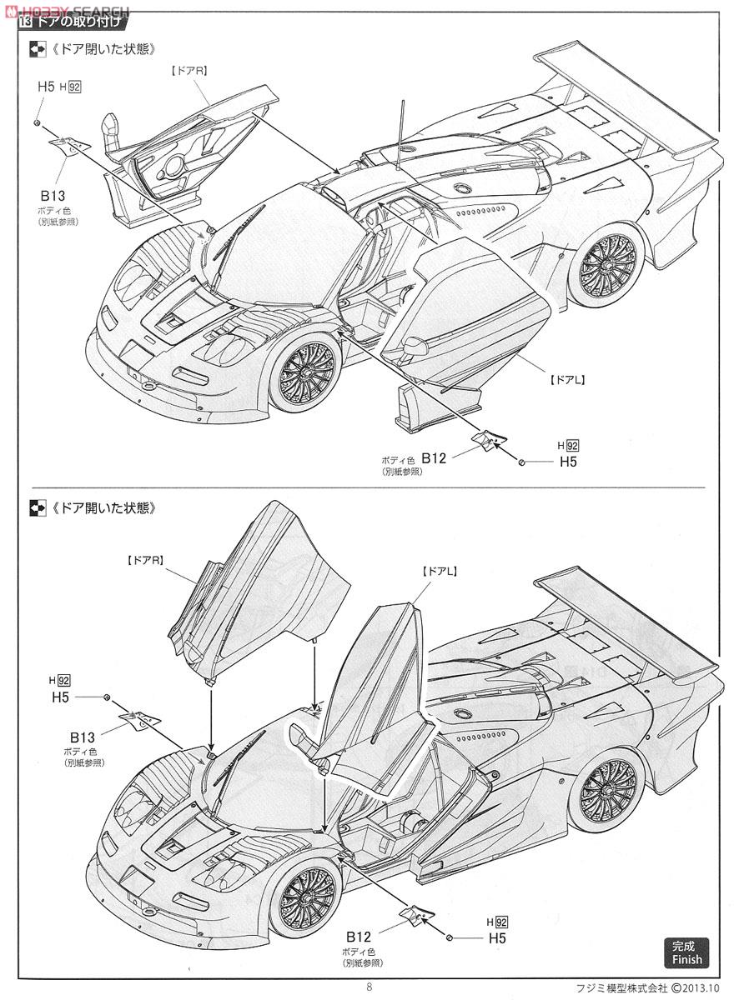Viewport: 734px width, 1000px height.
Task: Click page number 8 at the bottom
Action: pyautogui.click(x=369, y=987)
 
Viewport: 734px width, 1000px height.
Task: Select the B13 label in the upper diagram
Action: pyautogui.click(x=53, y=196)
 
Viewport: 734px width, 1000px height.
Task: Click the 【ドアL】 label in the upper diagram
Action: pyautogui.click(x=567, y=379)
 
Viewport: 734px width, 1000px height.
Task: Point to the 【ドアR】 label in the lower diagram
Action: pyautogui.click(x=145, y=560)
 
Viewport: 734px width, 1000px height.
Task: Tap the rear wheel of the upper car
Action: pyautogui.click(x=608, y=266)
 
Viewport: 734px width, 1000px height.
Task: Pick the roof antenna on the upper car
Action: pyautogui.click(x=400, y=135)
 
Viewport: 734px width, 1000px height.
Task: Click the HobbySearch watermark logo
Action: pyautogui.click(x=67, y=11)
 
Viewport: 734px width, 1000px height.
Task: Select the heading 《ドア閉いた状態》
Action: pyautogui.click(x=103, y=48)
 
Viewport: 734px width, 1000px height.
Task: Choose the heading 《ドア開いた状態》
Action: pyautogui.click(x=103, y=507)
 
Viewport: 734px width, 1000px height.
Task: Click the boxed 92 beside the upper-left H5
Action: pyautogui.click(x=74, y=87)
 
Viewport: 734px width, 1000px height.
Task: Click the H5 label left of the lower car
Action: pyautogui.click(x=60, y=697)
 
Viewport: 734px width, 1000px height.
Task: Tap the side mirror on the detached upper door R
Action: pyautogui.click(x=111, y=135)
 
